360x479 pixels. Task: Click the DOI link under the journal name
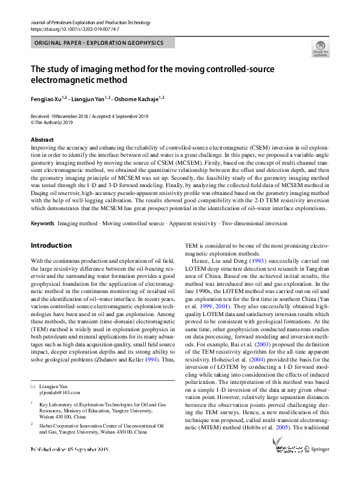[x=74, y=28]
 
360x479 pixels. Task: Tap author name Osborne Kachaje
[x=140, y=97]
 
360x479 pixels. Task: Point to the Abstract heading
[x=42, y=140]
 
